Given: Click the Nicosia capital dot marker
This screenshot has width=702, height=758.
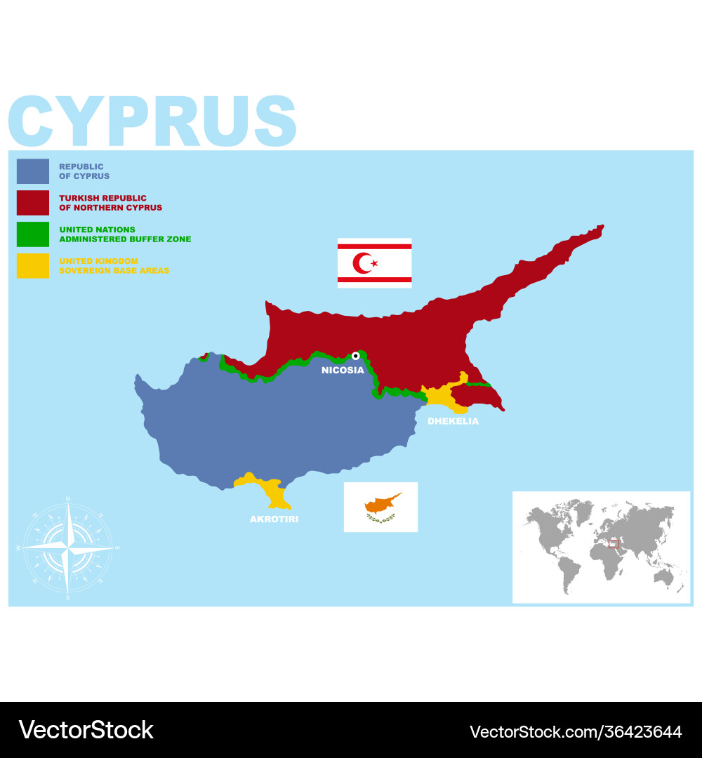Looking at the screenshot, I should tap(356, 356).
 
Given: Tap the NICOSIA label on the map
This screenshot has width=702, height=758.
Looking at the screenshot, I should tap(343, 370).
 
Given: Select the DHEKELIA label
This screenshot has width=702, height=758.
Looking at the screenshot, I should tap(453, 421).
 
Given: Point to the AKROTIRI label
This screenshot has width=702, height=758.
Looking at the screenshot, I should tap(274, 519).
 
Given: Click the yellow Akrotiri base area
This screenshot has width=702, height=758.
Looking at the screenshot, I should tap(270, 488).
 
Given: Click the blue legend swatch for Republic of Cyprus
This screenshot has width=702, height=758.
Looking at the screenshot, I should tap(33, 171).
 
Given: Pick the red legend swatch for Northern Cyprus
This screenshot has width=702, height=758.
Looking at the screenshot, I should tap(33, 203).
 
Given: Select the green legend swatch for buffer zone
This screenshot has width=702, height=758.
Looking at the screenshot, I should tap(33, 234).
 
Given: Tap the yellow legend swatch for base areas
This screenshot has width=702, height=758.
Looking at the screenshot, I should tap(33, 266).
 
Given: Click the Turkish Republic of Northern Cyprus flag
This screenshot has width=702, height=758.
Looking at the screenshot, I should tap(374, 263).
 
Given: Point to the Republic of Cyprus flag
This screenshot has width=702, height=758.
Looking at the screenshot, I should tap(380, 507).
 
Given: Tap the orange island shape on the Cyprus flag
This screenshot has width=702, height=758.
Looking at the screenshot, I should tap(381, 503).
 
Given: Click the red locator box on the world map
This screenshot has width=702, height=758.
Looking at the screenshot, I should tap(614, 543).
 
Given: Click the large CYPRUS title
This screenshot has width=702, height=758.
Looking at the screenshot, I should tap(152, 121).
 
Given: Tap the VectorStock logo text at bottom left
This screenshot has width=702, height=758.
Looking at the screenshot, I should tap(86, 730).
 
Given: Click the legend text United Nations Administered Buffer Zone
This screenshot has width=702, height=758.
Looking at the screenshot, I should tap(125, 234).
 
